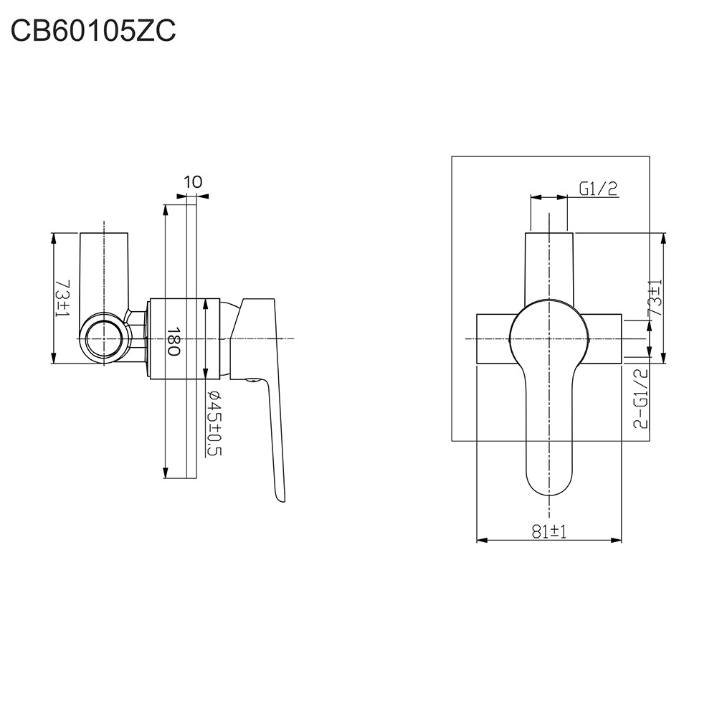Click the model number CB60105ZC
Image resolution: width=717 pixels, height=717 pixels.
click(92, 32)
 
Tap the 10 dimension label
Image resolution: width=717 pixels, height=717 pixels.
click(193, 182)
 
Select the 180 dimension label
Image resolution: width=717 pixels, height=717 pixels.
click(174, 341)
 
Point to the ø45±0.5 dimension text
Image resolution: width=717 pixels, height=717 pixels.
click(214, 423)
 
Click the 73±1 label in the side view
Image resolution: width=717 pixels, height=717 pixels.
click(62, 298)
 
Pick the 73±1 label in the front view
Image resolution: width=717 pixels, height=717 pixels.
click(655, 298)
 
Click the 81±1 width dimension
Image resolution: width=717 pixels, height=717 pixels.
click(549, 531)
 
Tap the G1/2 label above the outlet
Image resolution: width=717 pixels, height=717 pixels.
click(599, 189)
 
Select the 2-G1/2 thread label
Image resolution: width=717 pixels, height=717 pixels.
click(641, 398)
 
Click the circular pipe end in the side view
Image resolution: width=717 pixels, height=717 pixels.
click(105, 339)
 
